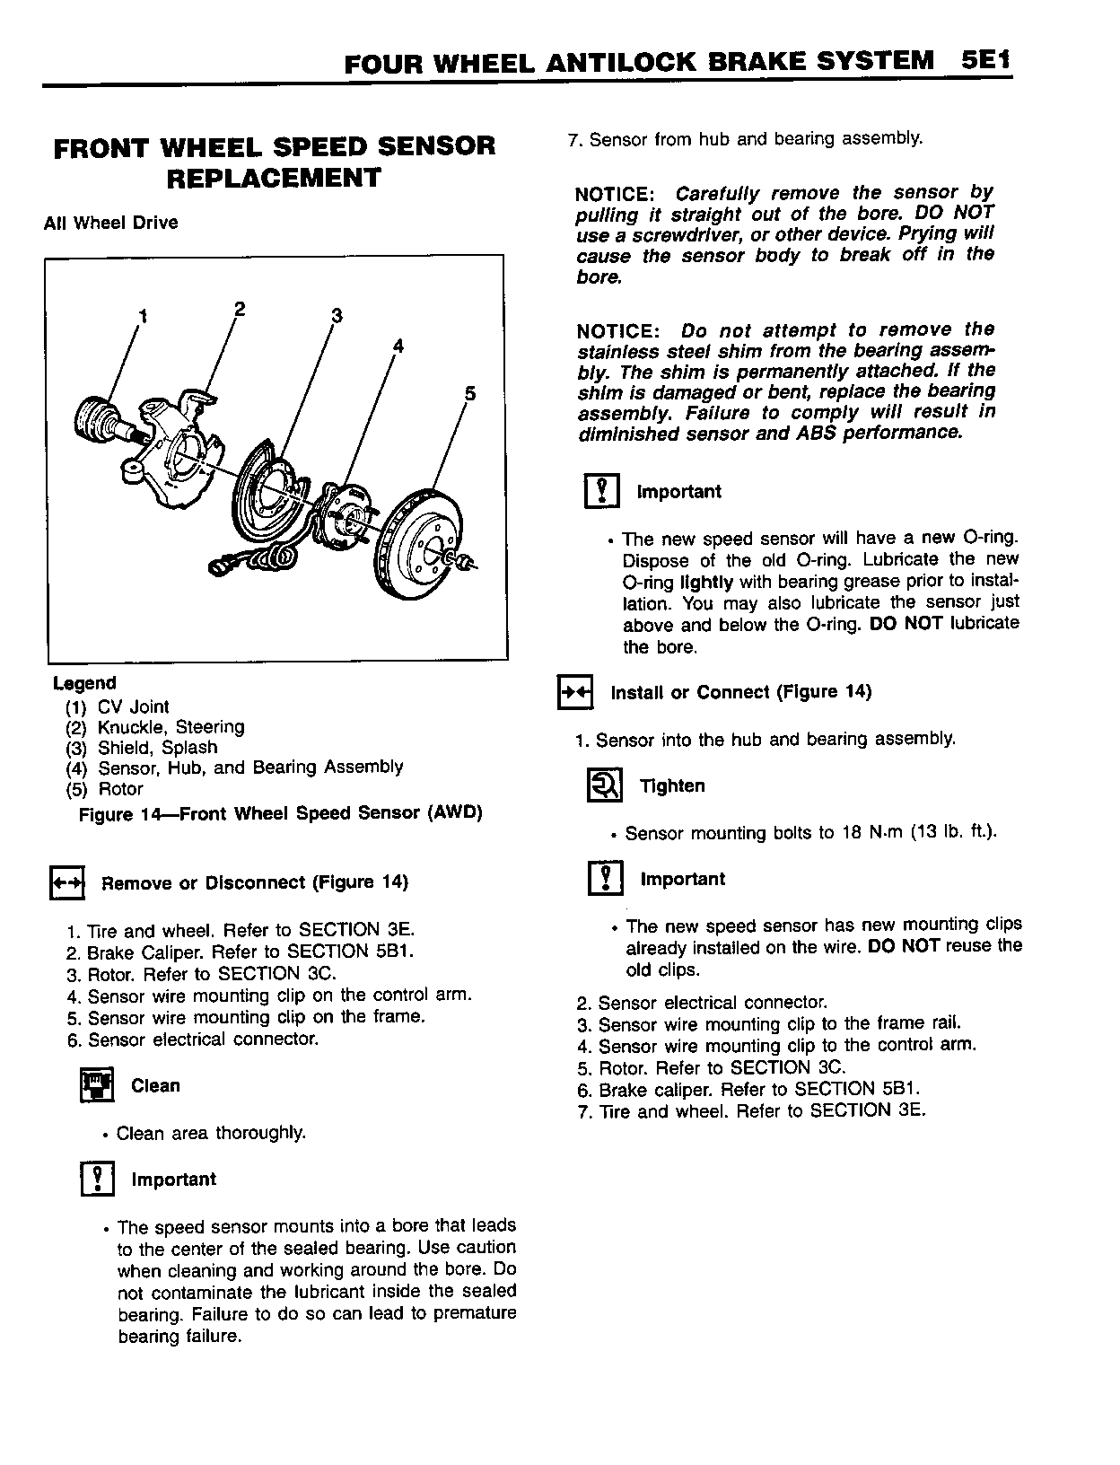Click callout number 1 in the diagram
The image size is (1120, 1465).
click(141, 315)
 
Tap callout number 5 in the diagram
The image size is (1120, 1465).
click(470, 394)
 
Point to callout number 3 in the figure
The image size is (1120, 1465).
click(337, 315)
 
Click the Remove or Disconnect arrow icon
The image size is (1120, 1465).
click(66, 883)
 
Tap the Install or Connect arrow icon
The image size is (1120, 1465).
click(575, 693)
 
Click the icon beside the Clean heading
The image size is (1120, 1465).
click(97, 1086)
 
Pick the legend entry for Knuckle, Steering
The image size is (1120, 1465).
click(171, 727)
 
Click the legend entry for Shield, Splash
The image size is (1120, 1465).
click(157, 748)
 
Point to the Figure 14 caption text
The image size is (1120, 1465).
click(281, 813)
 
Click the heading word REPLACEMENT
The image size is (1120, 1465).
click(274, 178)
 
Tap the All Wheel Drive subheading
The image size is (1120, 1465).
click(110, 223)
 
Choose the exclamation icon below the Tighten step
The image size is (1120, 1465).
click(606, 879)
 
